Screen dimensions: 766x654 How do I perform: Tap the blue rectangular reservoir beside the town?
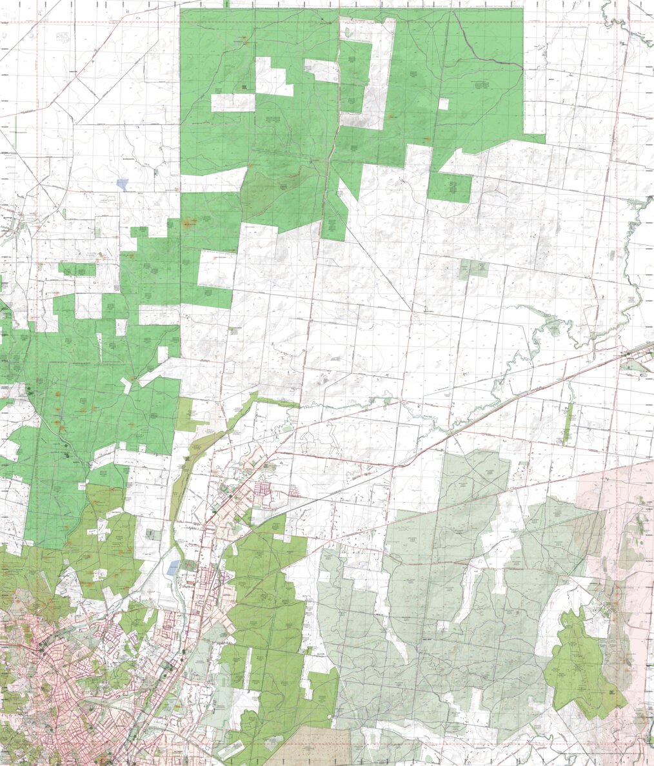tap(173, 567)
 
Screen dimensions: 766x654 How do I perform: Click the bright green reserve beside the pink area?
tap(580, 664)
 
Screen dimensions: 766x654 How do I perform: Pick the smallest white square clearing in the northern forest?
tap(443, 104)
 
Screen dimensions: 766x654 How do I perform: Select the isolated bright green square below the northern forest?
tap(450, 188)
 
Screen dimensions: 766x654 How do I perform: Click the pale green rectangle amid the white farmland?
tap(474, 270)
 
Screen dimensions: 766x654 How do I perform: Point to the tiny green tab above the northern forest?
tap(226, 4)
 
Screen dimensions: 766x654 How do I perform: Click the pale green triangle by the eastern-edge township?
tap(635, 366)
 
